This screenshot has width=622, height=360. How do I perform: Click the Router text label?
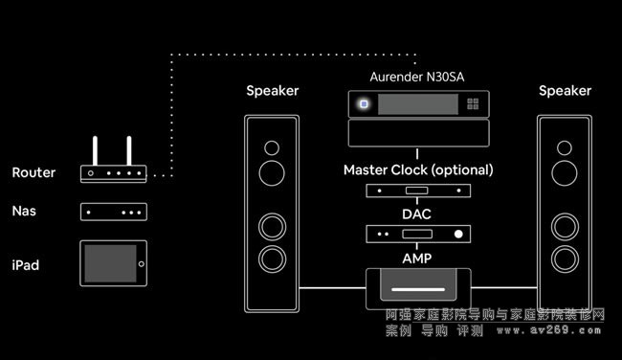pyautogui.click(x=33, y=172)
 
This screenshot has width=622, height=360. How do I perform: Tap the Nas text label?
pyautogui.click(x=24, y=211)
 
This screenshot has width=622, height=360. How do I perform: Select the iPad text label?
pyautogui.click(x=26, y=265)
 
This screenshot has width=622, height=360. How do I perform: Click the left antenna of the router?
pyautogui.click(x=95, y=151)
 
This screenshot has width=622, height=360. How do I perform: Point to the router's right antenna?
pyautogui.click(x=129, y=151)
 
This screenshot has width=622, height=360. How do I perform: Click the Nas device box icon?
pyautogui.click(x=114, y=212)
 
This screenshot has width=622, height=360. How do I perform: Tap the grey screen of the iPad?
pyautogui.click(x=110, y=263)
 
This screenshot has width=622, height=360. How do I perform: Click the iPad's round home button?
pyautogui.click(x=142, y=264)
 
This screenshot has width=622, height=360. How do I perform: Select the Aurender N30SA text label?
pyautogui.click(x=417, y=77)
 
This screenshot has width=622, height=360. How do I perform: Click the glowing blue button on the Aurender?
pyautogui.click(x=364, y=104)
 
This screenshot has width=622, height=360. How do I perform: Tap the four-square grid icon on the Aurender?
pyautogui.click(x=473, y=104)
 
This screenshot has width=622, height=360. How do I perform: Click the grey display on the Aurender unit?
pyautogui.click(x=418, y=104)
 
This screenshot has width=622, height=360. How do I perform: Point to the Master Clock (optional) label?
pyautogui.click(x=418, y=169)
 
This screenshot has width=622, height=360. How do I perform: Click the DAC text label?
pyautogui.click(x=416, y=214)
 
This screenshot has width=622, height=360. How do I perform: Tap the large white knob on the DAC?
pyautogui.click(x=458, y=235)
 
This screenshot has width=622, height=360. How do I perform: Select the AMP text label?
pyautogui.click(x=417, y=259)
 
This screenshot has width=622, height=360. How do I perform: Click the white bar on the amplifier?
pyautogui.click(x=418, y=289)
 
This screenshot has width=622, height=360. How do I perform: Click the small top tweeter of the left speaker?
pyautogui.click(x=272, y=148)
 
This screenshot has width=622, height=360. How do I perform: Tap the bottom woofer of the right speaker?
pyautogui.click(x=565, y=259)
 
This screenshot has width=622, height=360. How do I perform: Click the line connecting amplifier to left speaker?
pyautogui.click(x=332, y=288)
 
